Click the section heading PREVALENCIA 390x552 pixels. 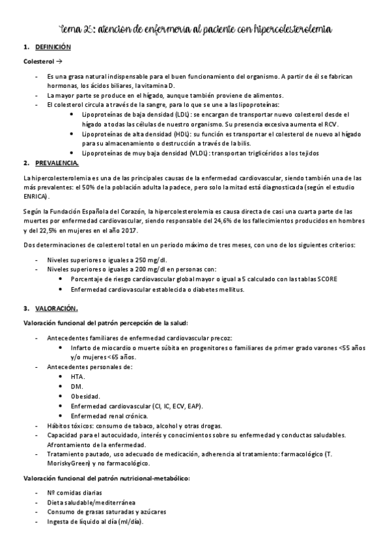(x=59, y=163)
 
